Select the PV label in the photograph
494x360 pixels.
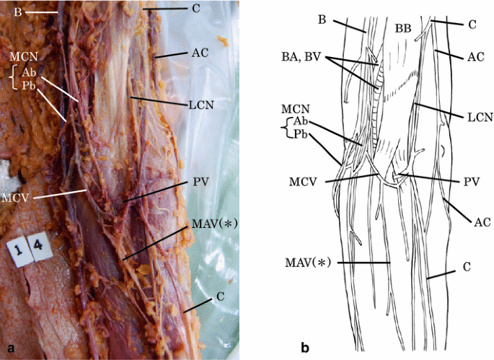tap(200, 182)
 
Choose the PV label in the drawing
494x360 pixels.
tap(472, 182)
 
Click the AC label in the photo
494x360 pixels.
tap(201, 53)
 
